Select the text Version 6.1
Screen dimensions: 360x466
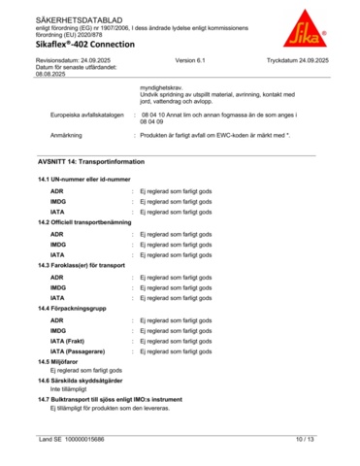[191, 60]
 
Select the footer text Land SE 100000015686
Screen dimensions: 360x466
[72, 440]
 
